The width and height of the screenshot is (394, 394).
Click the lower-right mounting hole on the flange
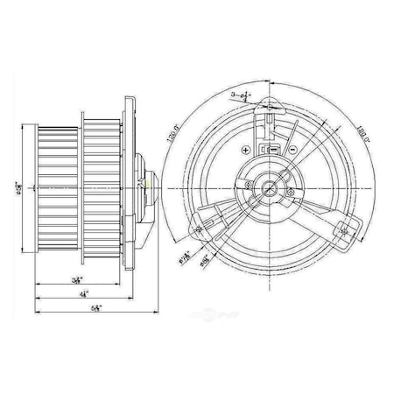(x=343, y=229)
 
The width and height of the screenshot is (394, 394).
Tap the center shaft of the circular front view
(x=269, y=185)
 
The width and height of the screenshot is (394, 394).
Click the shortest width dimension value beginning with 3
(x=78, y=278)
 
